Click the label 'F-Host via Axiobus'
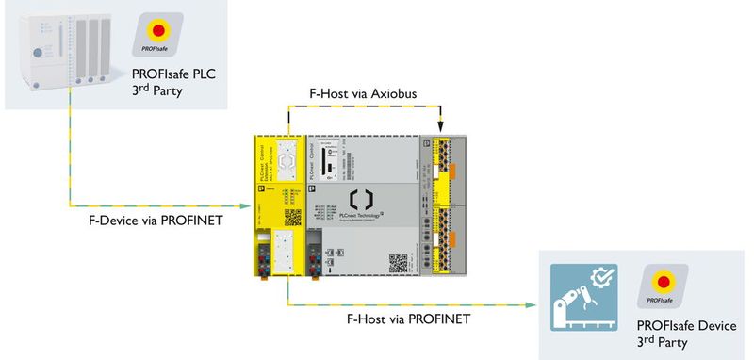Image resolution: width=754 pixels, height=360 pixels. [363, 95]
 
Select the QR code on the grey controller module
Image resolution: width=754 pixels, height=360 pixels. [399, 261]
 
